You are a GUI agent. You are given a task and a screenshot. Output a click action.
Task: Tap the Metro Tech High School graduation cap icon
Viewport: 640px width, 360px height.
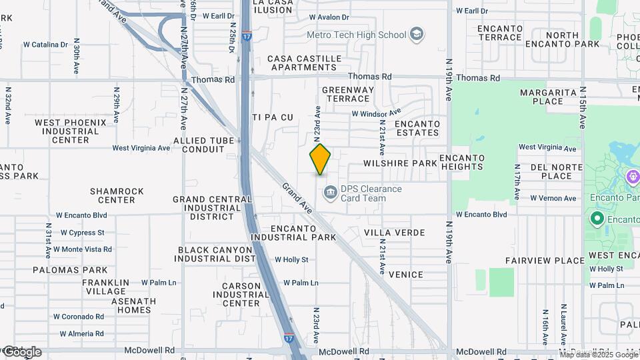(x=417, y=35)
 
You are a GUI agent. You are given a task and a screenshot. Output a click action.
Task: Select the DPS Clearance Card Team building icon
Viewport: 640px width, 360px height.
(x=329, y=193)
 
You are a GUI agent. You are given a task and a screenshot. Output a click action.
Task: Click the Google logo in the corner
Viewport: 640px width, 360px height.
(x=21, y=352)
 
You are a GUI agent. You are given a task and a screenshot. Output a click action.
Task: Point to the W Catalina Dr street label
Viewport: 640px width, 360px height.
(x=45, y=45)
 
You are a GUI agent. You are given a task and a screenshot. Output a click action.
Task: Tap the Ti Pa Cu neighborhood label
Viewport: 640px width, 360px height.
(x=273, y=117)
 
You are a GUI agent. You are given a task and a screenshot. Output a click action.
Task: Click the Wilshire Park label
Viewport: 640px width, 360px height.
(x=399, y=163)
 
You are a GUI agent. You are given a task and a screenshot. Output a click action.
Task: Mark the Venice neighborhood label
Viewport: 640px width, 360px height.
(x=405, y=275)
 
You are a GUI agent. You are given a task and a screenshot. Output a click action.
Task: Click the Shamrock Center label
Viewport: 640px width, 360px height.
(x=117, y=195)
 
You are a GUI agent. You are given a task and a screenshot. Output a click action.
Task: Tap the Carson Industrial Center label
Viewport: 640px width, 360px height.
(x=241, y=294)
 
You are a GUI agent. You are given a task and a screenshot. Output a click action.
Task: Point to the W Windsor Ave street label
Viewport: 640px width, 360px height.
(x=376, y=114)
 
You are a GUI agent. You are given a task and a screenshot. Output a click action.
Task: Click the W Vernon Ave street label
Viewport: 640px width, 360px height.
(x=553, y=199)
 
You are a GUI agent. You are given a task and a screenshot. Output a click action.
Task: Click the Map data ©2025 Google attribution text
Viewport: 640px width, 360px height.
(x=599, y=355)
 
